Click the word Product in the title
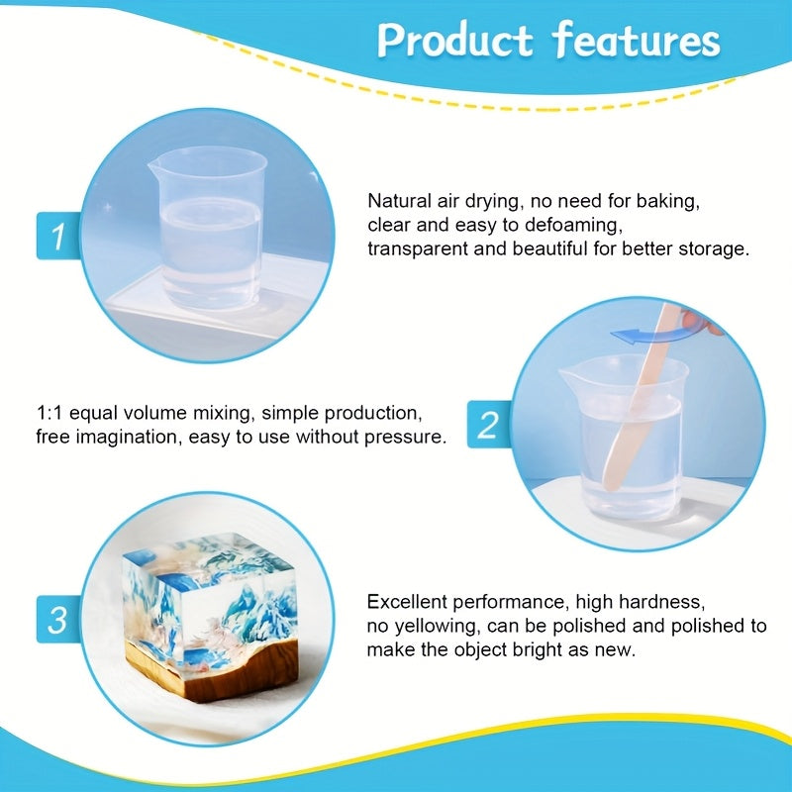coord(454,40)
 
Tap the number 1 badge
coord(58,236)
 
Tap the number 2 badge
coord(489,425)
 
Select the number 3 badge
coord(58,620)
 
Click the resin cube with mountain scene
coord(210,617)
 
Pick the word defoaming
coord(573,226)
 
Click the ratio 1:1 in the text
coord(49,413)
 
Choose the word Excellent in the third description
coord(407,602)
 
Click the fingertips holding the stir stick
coord(700,322)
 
